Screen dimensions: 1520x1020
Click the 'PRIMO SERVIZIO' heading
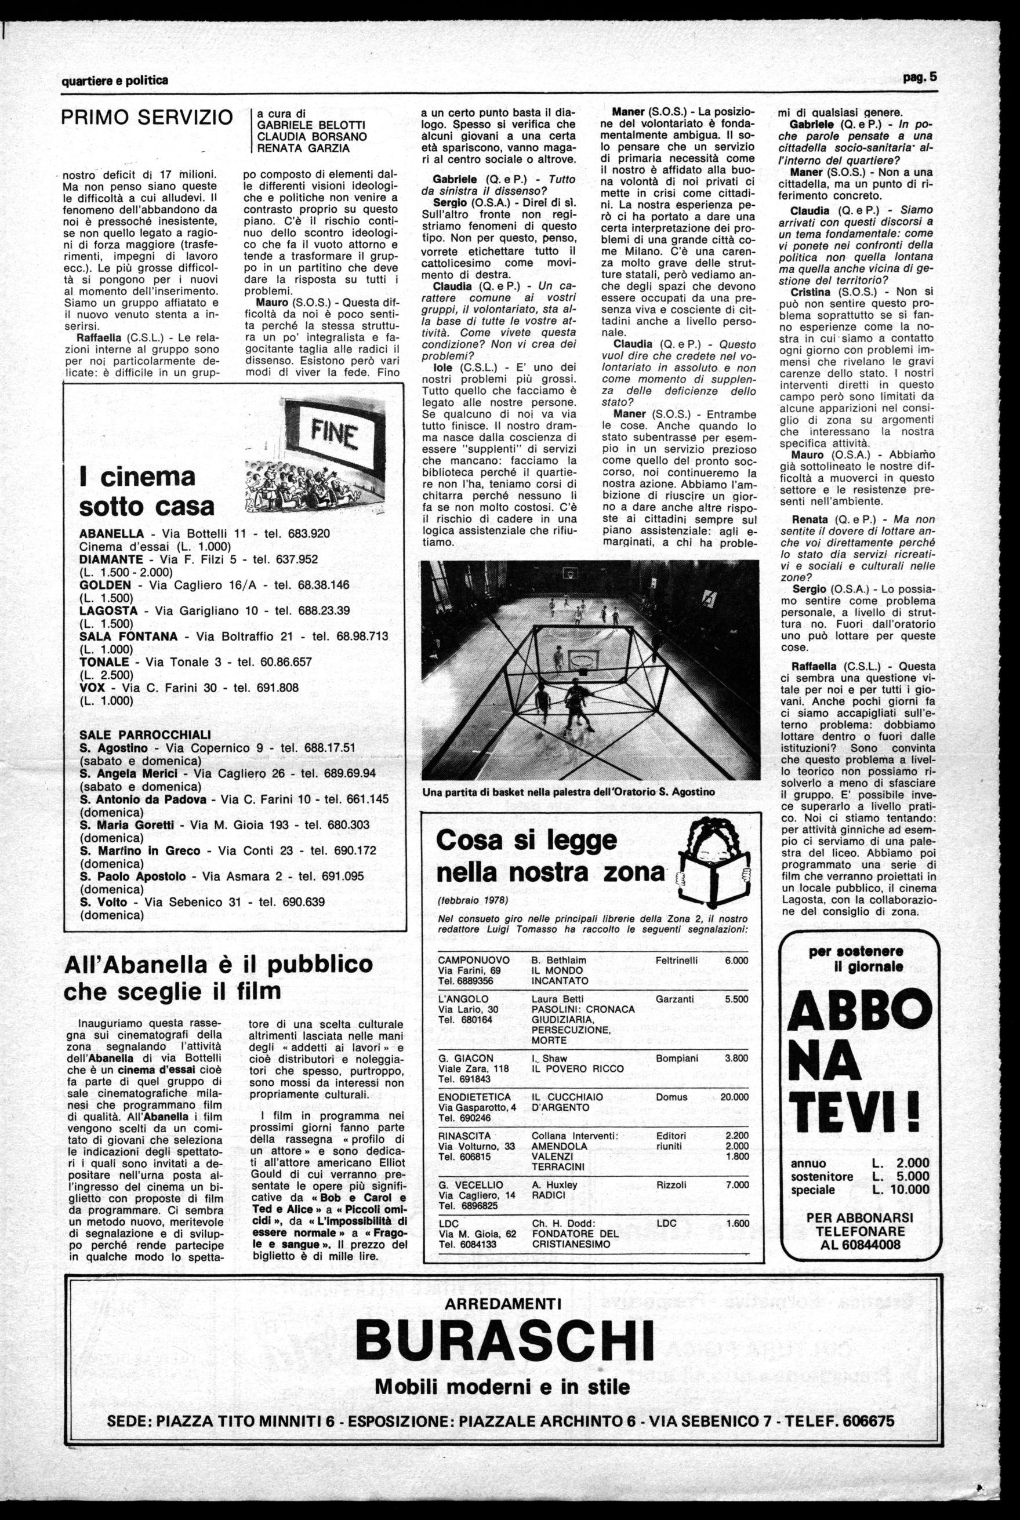point(147,118)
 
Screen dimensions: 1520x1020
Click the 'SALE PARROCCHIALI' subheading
point(144,734)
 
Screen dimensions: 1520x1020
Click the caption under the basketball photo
point(568,792)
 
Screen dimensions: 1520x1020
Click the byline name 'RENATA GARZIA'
point(304,149)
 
